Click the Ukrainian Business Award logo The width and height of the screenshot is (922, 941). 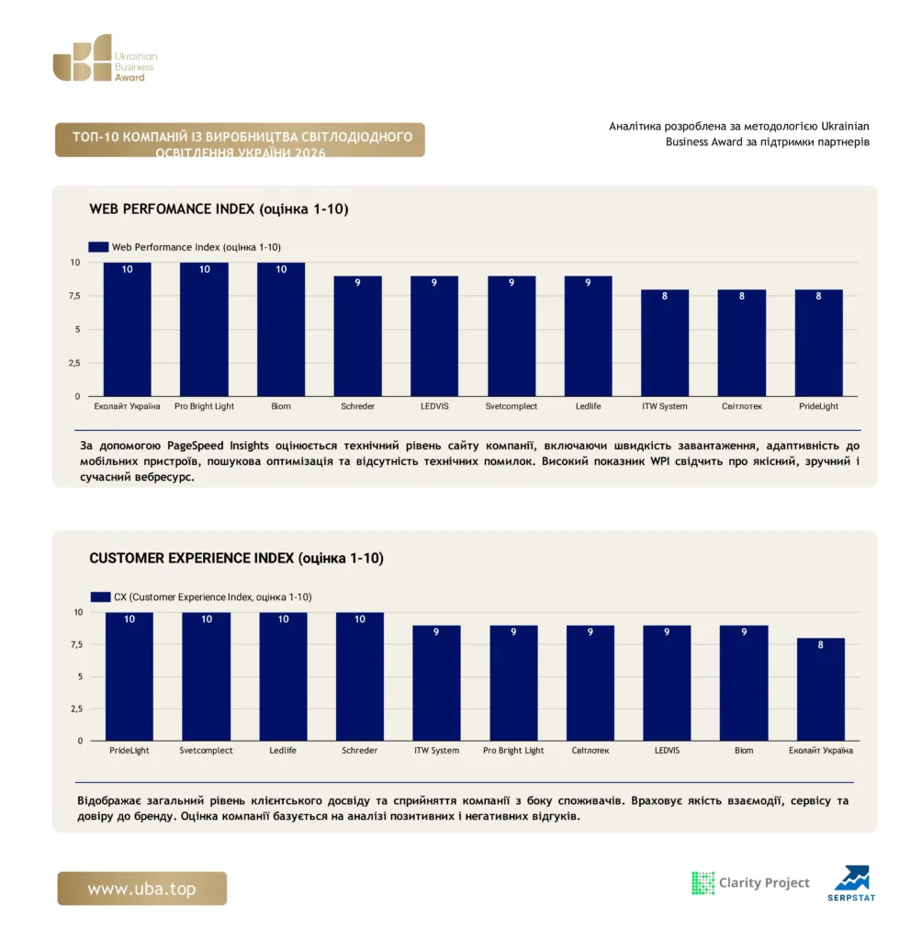(105, 58)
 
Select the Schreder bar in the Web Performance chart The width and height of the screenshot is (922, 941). (357, 336)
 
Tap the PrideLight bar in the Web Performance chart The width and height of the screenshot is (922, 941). (818, 343)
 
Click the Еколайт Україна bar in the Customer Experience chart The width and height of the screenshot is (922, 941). (820, 689)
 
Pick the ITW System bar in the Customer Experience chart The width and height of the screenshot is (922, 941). (436, 683)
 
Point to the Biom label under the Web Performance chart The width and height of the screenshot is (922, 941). (281, 406)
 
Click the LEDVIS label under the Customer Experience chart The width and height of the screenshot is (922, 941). (667, 750)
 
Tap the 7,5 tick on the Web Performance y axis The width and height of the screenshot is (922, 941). (74, 296)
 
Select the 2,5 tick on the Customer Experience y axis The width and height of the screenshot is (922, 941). (77, 709)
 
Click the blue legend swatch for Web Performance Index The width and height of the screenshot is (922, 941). (98, 246)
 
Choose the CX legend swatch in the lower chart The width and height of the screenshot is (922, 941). (101, 596)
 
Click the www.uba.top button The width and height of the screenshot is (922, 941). (142, 889)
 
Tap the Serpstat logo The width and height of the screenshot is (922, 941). (851, 883)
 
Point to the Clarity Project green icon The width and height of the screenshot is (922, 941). (703, 883)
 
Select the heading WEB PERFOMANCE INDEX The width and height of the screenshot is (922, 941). (172, 209)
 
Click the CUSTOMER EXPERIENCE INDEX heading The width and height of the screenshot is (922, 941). (191, 558)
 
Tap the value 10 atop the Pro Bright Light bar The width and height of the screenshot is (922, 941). (205, 269)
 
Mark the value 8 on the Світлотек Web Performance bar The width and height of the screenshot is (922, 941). (741, 296)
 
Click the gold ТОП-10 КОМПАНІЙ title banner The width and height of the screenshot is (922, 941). (240, 140)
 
